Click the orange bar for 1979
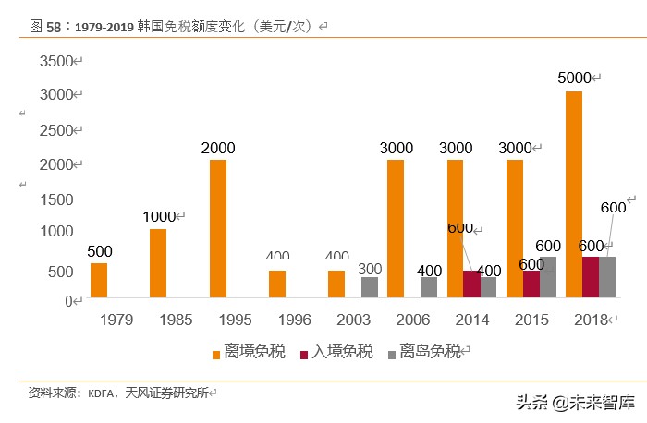[x=99, y=281]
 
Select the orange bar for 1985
[x=158, y=263]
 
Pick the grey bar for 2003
[x=370, y=287]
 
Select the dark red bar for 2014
[x=471, y=284]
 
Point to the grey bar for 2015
[x=548, y=277]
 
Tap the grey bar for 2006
[x=429, y=287]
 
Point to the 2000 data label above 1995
[x=218, y=148]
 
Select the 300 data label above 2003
[x=370, y=269]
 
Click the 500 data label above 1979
[x=100, y=251]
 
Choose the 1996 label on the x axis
[x=292, y=320]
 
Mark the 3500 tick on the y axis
[x=55, y=61]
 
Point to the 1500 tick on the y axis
[x=56, y=199]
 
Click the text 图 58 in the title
[x=44, y=27]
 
